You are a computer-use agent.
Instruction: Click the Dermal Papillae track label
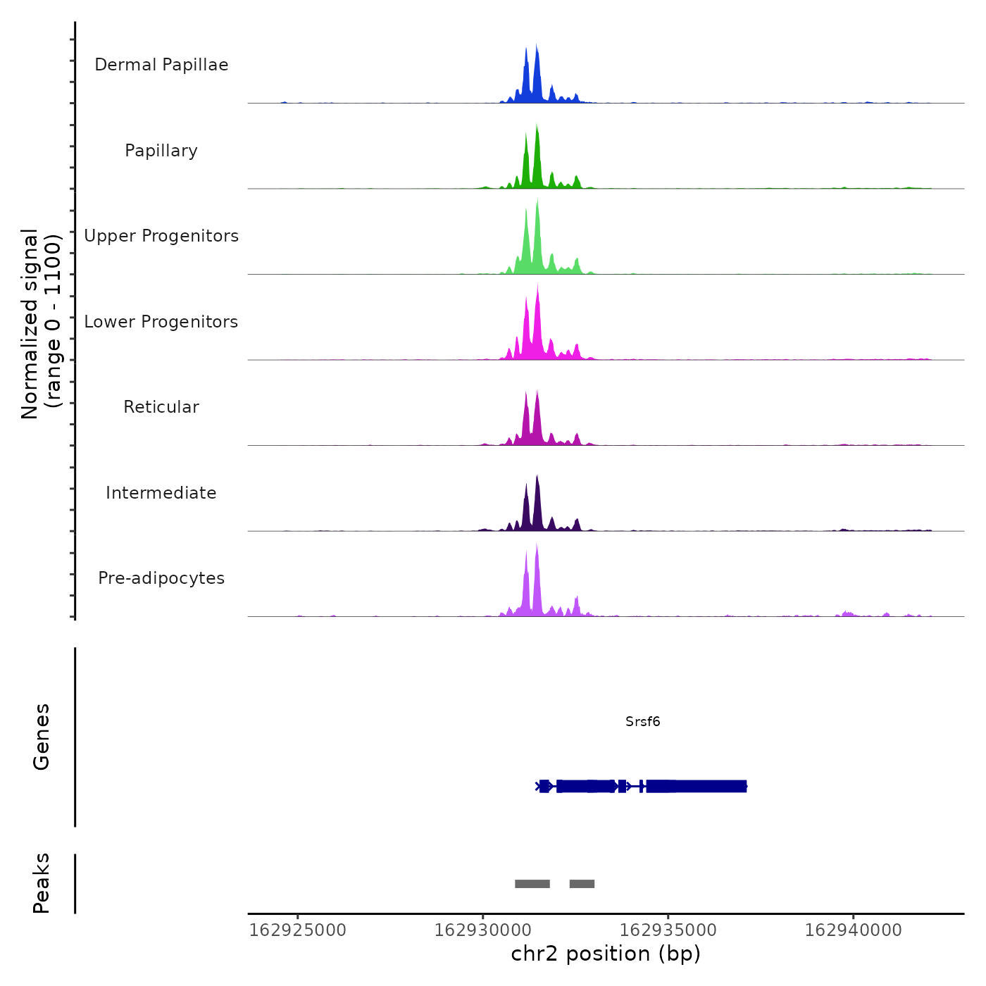[161, 65]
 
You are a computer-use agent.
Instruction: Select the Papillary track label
[161, 151]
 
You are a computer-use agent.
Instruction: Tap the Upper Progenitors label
[161, 236]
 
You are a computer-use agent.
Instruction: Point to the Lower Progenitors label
[161, 322]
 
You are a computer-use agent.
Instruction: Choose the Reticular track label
[161, 407]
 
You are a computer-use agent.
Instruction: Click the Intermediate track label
[161, 493]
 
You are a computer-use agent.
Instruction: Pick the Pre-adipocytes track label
[161, 578]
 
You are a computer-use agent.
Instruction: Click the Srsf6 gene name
[642, 721]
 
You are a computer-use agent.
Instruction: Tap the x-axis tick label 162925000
[298, 930]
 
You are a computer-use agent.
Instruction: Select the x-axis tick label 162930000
[483, 930]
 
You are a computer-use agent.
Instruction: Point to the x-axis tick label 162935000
[668, 930]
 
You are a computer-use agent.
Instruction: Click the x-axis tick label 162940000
[854, 930]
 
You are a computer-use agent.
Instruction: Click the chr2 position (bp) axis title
[606, 954]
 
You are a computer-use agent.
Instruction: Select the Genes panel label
[41, 737]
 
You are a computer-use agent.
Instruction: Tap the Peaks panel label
[41, 883]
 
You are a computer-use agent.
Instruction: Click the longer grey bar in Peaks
[532, 884]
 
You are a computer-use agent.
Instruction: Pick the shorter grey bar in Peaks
[582, 884]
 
